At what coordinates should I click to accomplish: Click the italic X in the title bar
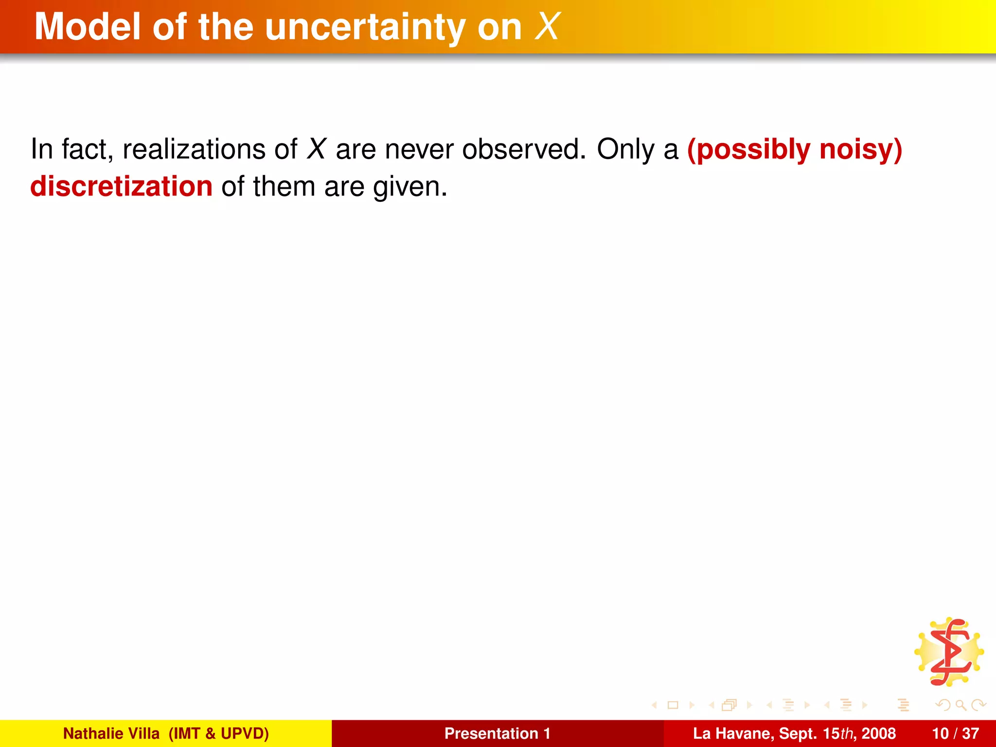547,27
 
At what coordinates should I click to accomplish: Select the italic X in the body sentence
316,149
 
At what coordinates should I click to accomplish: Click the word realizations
194,149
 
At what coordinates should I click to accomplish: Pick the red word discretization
121,186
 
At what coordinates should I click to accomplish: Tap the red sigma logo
949,652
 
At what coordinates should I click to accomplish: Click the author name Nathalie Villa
111,733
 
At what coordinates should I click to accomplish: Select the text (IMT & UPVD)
218,733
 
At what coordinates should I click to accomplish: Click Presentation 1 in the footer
498,733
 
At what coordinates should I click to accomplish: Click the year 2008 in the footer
878,733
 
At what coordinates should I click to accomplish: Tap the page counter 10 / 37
955,733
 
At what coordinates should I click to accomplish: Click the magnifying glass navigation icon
960,705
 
